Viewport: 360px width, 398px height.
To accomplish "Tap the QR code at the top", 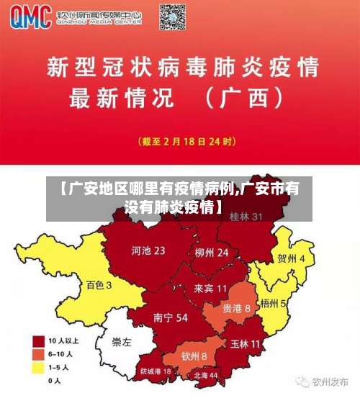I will click(173, 17).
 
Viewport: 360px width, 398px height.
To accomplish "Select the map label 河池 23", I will click(148, 251).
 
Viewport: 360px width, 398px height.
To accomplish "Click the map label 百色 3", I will click(99, 285).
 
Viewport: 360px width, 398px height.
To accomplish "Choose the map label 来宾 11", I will click(210, 288).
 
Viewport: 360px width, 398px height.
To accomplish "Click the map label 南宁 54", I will click(171, 317).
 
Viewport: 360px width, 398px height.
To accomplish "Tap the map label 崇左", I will click(122, 343).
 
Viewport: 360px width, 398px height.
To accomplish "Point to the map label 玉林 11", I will click(245, 344).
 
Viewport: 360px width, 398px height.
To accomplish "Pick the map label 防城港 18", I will click(156, 371).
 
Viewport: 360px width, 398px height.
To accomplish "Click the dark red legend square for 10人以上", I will click(39, 340).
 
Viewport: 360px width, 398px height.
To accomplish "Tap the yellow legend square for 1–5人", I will click(39, 368).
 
